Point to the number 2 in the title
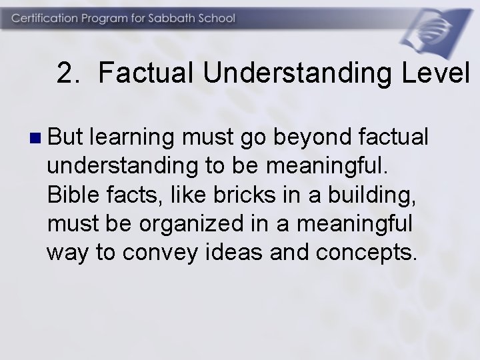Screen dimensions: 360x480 coord(64,74)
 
